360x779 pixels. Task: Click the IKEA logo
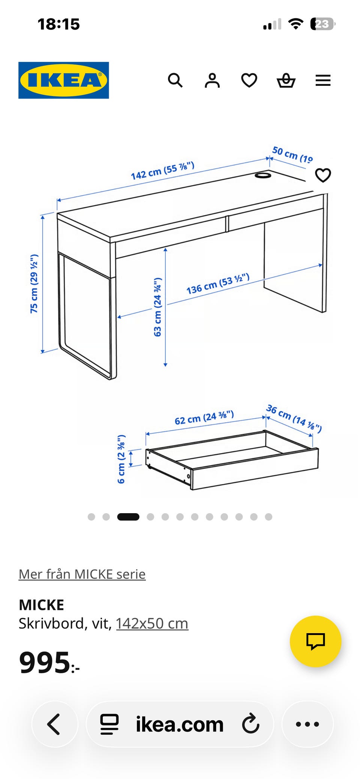pos(64,80)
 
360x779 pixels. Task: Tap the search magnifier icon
pos(175,80)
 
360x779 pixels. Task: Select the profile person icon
pos(212,80)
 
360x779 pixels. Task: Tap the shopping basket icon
pos(286,80)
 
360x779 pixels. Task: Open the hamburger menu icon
pos(323,80)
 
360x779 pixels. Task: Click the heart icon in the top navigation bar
pos(249,80)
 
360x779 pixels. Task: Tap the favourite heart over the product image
pos(323,175)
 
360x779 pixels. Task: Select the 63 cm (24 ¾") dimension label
pos(158,307)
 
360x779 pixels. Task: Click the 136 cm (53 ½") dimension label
pos(218,284)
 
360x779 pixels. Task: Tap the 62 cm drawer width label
pos(204,417)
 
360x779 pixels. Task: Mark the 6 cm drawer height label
pos(121,459)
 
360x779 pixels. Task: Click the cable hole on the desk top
pos(263,175)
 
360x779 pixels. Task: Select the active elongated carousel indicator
pos(128,517)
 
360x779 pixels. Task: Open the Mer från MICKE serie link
pos(82,574)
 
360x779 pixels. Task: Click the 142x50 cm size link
pos(152,623)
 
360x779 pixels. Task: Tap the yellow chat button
pos(316,641)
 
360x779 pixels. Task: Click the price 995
pos(45,662)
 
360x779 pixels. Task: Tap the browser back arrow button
pos(55,724)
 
